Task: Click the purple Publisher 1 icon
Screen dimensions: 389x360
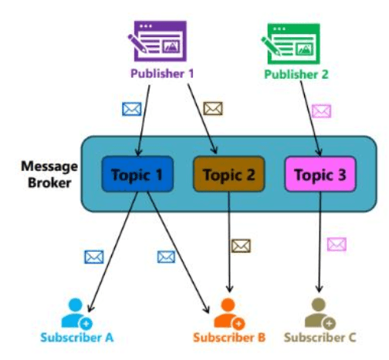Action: [x=157, y=41]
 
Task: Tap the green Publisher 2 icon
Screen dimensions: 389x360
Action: [x=291, y=44]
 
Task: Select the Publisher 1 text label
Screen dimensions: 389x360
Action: [x=162, y=73]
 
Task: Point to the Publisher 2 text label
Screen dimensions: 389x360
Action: [x=296, y=74]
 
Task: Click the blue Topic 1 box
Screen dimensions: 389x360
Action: [x=137, y=174]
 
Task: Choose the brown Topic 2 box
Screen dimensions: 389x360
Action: [x=229, y=174]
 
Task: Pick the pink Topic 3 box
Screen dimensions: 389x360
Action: [x=320, y=174]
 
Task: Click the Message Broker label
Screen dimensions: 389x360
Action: [x=49, y=175]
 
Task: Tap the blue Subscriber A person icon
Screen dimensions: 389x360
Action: [x=76, y=314]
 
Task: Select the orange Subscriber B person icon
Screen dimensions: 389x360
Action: [x=229, y=314]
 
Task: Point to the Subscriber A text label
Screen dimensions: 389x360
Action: [x=77, y=338]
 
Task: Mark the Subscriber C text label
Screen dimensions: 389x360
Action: [x=320, y=338]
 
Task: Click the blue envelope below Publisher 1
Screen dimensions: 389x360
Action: [x=132, y=109]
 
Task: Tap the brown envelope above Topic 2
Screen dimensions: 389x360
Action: [x=213, y=108]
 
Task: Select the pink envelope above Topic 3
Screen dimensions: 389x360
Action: [x=321, y=111]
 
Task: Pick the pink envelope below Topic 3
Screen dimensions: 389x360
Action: [x=337, y=244]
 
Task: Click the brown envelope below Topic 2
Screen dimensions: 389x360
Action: [x=241, y=246]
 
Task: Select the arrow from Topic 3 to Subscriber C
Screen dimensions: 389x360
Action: [x=320, y=242]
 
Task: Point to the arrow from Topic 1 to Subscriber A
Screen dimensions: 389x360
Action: [x=113, y=252]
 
